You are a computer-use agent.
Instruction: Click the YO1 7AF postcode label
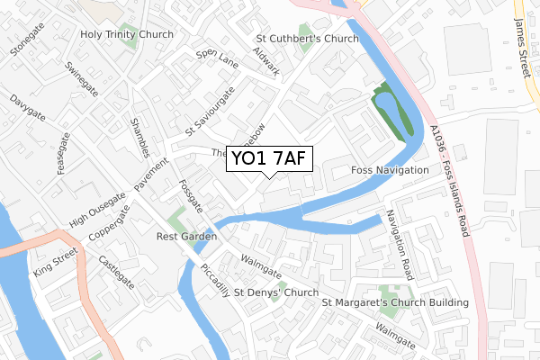tap(270, 159)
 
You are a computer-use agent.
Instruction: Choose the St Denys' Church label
tap(276, 293)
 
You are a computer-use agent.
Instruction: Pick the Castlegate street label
tap(116, 272)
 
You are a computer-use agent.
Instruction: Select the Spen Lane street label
tap(217, 59)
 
